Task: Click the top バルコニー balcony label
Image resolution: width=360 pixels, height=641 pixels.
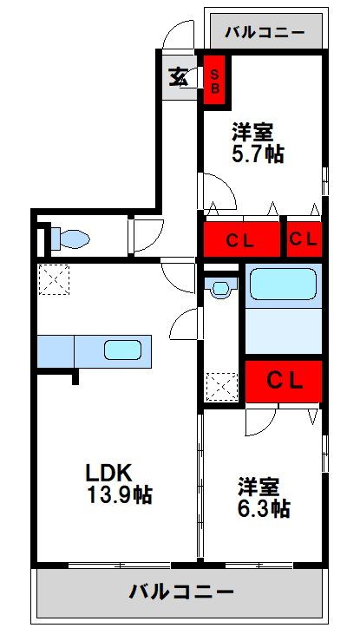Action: pos(265,33)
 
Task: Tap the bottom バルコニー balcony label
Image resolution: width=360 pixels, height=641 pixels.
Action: pos(181,593)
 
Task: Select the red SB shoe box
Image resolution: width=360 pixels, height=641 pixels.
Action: pos(214,80)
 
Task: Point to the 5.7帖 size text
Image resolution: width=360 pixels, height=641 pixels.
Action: pos(257,154)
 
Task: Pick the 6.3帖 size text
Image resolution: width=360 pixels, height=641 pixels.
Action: pos(263,508)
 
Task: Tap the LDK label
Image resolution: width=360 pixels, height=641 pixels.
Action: pos(107,473)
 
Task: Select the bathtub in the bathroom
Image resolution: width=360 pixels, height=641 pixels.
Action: pos(283,284)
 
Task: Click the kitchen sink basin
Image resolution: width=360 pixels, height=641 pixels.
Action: pos(122,350)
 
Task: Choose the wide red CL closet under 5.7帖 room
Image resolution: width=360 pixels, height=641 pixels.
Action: pos(241,240)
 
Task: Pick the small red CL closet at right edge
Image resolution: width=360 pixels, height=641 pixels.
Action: pos(304,239)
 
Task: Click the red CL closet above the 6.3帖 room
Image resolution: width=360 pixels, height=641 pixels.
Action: pos(283,380)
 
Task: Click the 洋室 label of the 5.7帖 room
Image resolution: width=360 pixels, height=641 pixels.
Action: pos(252,134)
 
